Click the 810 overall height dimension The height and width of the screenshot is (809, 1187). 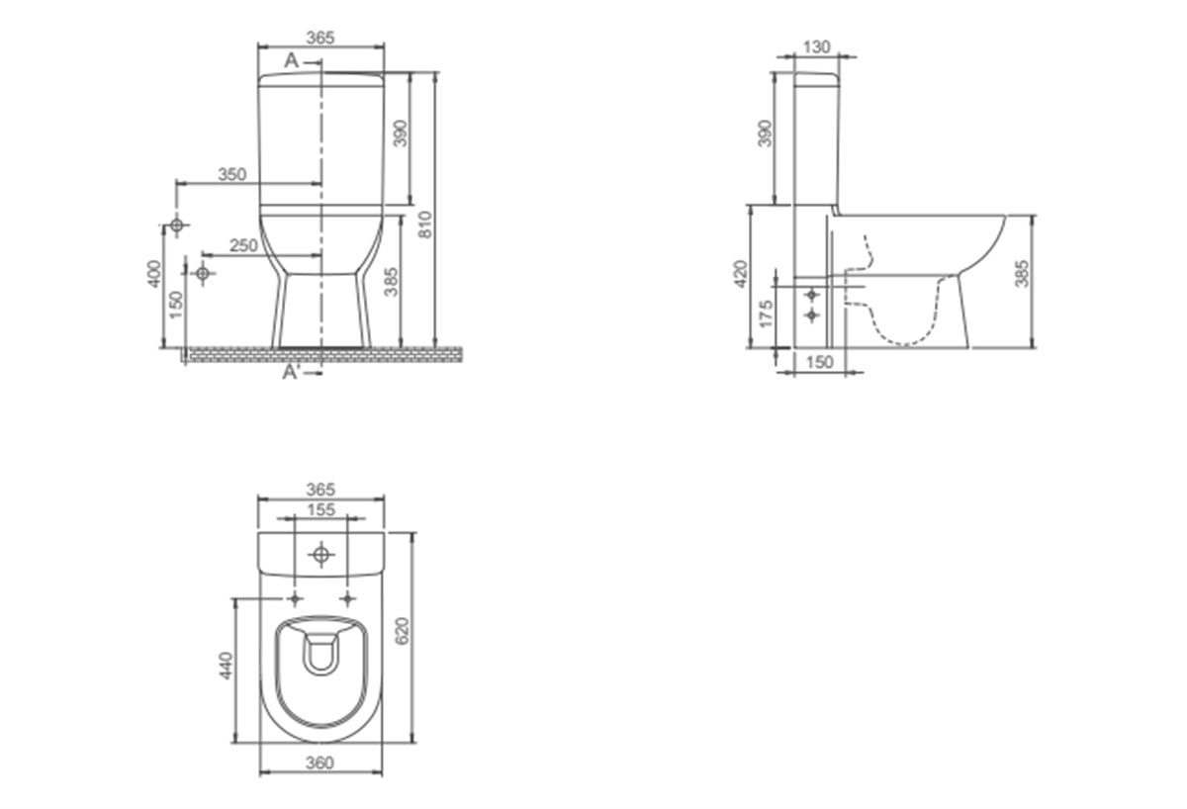425,225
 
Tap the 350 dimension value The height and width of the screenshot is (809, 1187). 232,174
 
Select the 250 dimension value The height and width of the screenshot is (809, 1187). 243,245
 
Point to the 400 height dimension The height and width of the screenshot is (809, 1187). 153,273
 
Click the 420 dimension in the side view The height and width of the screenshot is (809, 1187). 740,274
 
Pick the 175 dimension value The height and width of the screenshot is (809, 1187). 767,315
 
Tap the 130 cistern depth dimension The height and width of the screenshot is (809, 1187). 817,47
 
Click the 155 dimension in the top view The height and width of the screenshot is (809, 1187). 321,509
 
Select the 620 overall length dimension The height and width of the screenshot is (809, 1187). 403,631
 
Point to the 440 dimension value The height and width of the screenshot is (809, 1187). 226,666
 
